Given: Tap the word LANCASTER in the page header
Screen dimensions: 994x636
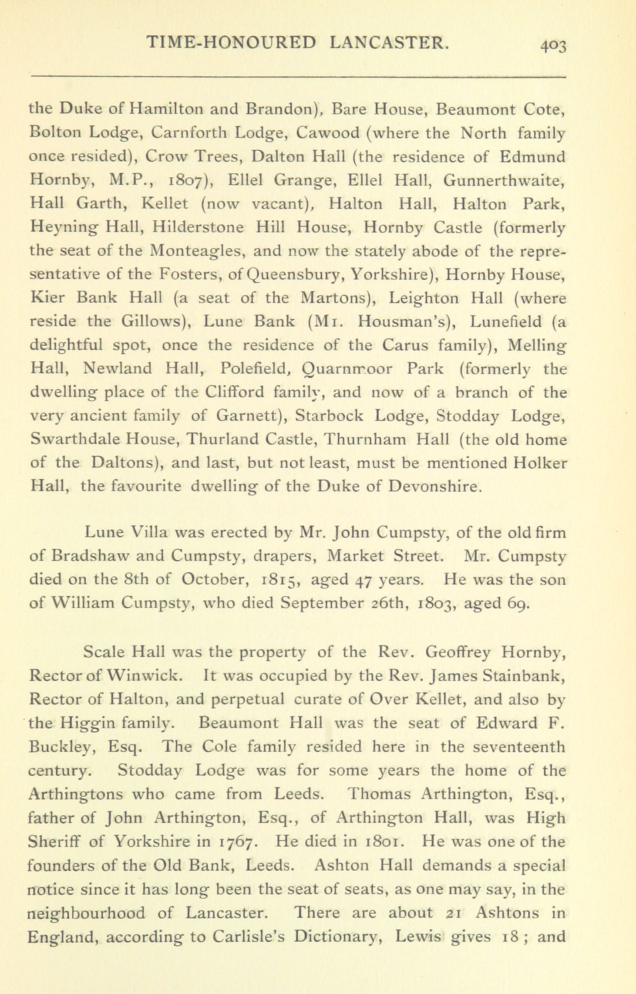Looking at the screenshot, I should (x=388, y=42).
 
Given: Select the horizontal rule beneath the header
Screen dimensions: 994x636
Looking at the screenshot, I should (x=298, y=77).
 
